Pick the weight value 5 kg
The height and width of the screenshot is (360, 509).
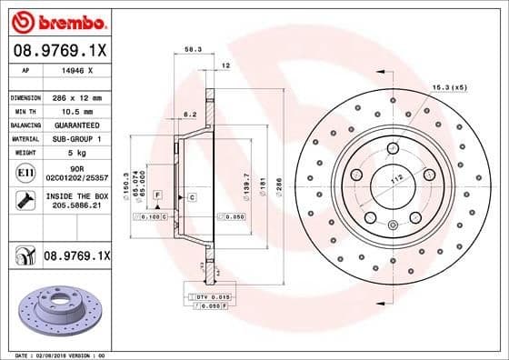pyautogui.click(x=76, y=153)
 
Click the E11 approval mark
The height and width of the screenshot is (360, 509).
pyautogui.click(x=25, y=172)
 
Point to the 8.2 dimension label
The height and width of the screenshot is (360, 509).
pyautogui.click(x=190, y=115)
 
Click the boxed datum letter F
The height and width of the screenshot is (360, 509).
pyautogui.click(x=157, y=195)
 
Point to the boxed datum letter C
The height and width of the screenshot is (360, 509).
pyautogui.click(x=193, y=196)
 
